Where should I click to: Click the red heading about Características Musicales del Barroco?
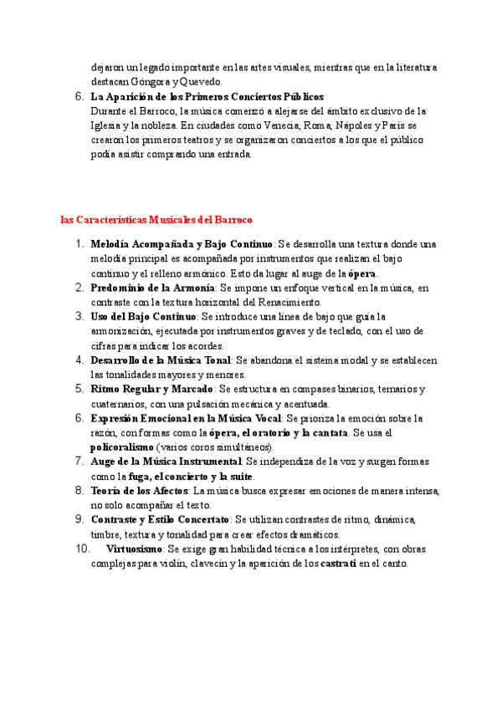[156, 220]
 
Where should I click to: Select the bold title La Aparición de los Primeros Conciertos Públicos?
[207, 97]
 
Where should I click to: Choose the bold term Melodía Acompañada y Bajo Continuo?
[182, 244]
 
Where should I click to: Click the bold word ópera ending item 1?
[362, 273]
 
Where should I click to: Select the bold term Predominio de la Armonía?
[152, 288]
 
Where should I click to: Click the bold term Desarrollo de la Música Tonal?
[161, 360]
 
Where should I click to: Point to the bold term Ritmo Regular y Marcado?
[151, 390]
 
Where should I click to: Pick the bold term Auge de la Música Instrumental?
[166, 462]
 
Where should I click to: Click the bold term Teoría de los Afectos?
[140, 491]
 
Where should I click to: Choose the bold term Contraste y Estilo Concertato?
[159, 520]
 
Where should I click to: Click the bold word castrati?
[337, 564]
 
